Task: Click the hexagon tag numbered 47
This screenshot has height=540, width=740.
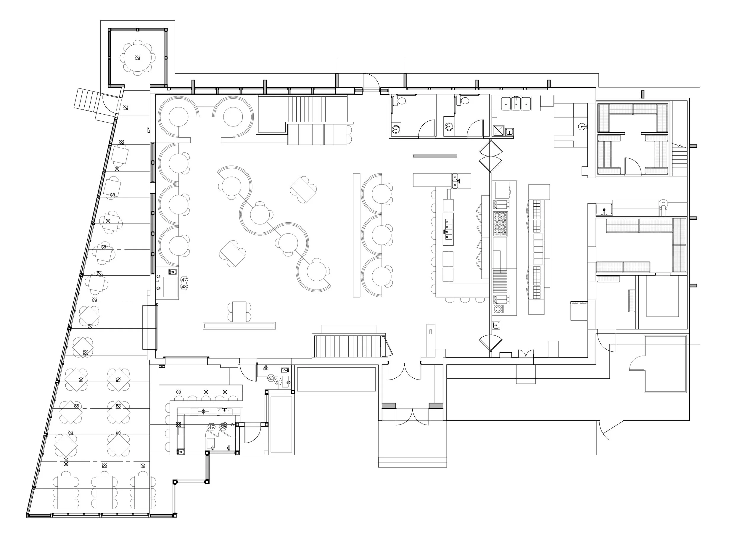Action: coord(184,280)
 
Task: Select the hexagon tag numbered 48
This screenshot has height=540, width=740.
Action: coord(184,287)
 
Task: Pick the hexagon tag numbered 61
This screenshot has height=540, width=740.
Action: coord(279,382)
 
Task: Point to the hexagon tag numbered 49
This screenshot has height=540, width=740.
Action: coord(211,427)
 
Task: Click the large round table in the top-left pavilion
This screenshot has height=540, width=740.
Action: coord(138,57)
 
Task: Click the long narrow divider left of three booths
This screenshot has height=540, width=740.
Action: coord(356,235)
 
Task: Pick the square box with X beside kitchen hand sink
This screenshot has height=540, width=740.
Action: coord(499,131)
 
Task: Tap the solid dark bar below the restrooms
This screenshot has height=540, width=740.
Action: coord(435,156)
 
